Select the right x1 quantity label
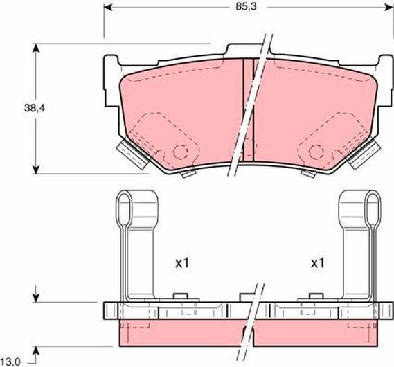(318, 263)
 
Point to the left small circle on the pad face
(181, 151)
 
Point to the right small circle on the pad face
(316, 151)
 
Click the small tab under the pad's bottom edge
(186, 174)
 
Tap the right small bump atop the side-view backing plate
(305, 297)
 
